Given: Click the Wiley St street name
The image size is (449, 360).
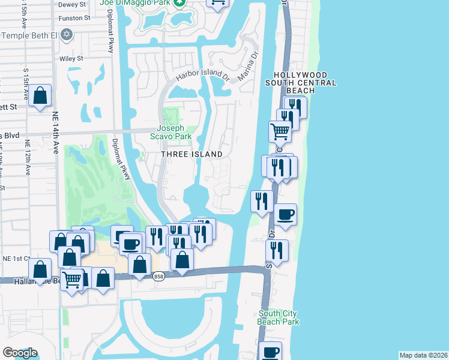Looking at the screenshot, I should [x=71, y=59].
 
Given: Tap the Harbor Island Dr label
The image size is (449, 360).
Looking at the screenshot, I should [x=203, y=76].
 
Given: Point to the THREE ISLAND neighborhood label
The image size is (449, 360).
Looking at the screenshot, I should [x=191, y=154].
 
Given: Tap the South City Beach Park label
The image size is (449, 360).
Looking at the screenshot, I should [x=279, y=317].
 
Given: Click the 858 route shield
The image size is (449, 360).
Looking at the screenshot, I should [x=158, y=277].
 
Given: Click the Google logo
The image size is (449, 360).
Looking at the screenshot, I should [x=20, y=353].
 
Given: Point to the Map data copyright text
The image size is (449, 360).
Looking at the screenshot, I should [x=423, y=355].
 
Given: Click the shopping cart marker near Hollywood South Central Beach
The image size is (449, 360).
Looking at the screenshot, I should [x=280, y=130].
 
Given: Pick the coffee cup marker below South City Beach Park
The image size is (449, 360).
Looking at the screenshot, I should [x=271, y=352].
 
